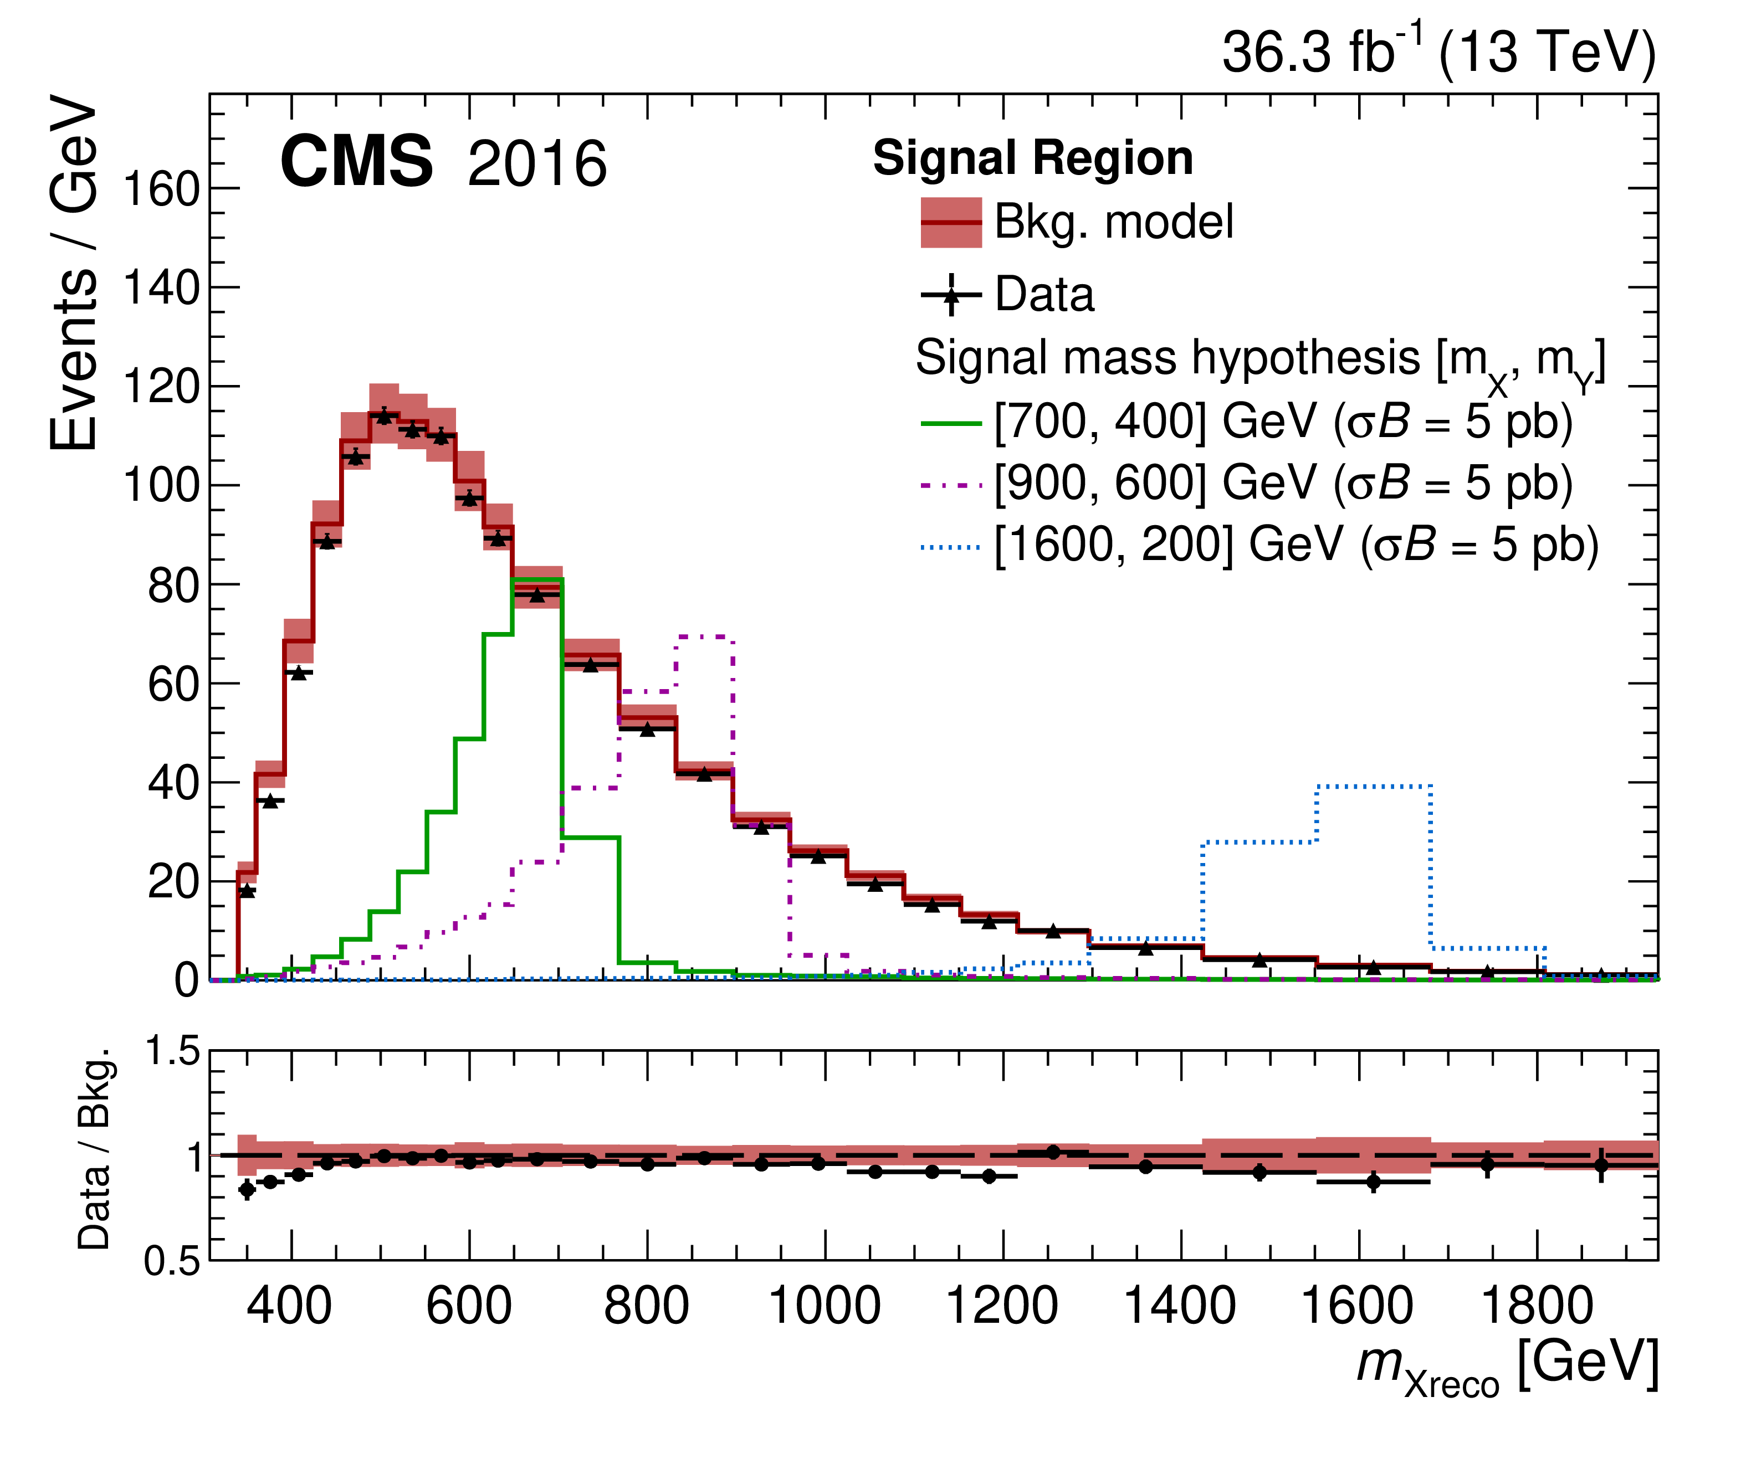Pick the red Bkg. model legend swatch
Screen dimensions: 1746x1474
tap(951, 222)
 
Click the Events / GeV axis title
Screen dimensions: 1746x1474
tap(74, 273)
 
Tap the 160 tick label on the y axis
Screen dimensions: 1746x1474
tap(162, 189)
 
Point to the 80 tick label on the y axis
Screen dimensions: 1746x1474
tap(175, 586)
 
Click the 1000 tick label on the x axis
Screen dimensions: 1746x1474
tap(824, 1306)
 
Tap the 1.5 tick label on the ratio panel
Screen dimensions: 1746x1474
tap(173, 1052)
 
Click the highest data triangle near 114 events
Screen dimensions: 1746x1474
tap(383, 415)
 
